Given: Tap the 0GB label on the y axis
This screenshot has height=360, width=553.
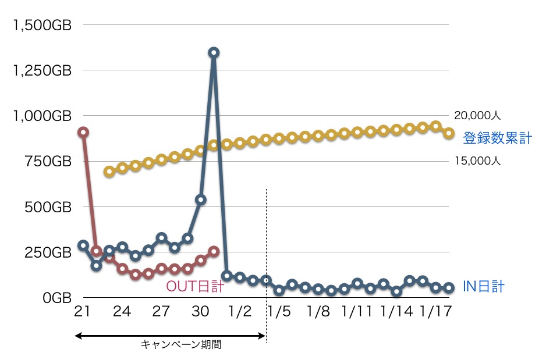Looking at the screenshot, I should (56, 298).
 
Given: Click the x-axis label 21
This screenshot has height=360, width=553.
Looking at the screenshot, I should (82, 312).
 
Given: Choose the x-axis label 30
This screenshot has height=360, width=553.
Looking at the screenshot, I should (200, 312).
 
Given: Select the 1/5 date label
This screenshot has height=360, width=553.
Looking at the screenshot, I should (279, 312).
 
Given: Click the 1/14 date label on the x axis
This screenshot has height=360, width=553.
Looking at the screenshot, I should (397, 312).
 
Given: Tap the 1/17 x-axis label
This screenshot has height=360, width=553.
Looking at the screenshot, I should (436, 312).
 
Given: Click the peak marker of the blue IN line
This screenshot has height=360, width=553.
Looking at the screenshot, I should (214, 52).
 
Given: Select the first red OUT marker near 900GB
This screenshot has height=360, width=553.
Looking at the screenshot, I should (83, 132).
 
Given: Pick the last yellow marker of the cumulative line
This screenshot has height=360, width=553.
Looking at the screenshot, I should (449, 133).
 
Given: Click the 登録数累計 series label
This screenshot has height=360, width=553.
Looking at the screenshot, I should (497, 138).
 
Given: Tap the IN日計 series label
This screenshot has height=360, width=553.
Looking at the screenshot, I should (483, 286).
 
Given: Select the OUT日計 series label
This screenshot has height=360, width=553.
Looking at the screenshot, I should (196, 286).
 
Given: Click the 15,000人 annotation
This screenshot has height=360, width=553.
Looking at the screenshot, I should (477, 162).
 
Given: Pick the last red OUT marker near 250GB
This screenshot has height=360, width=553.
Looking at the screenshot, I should (214, 251).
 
